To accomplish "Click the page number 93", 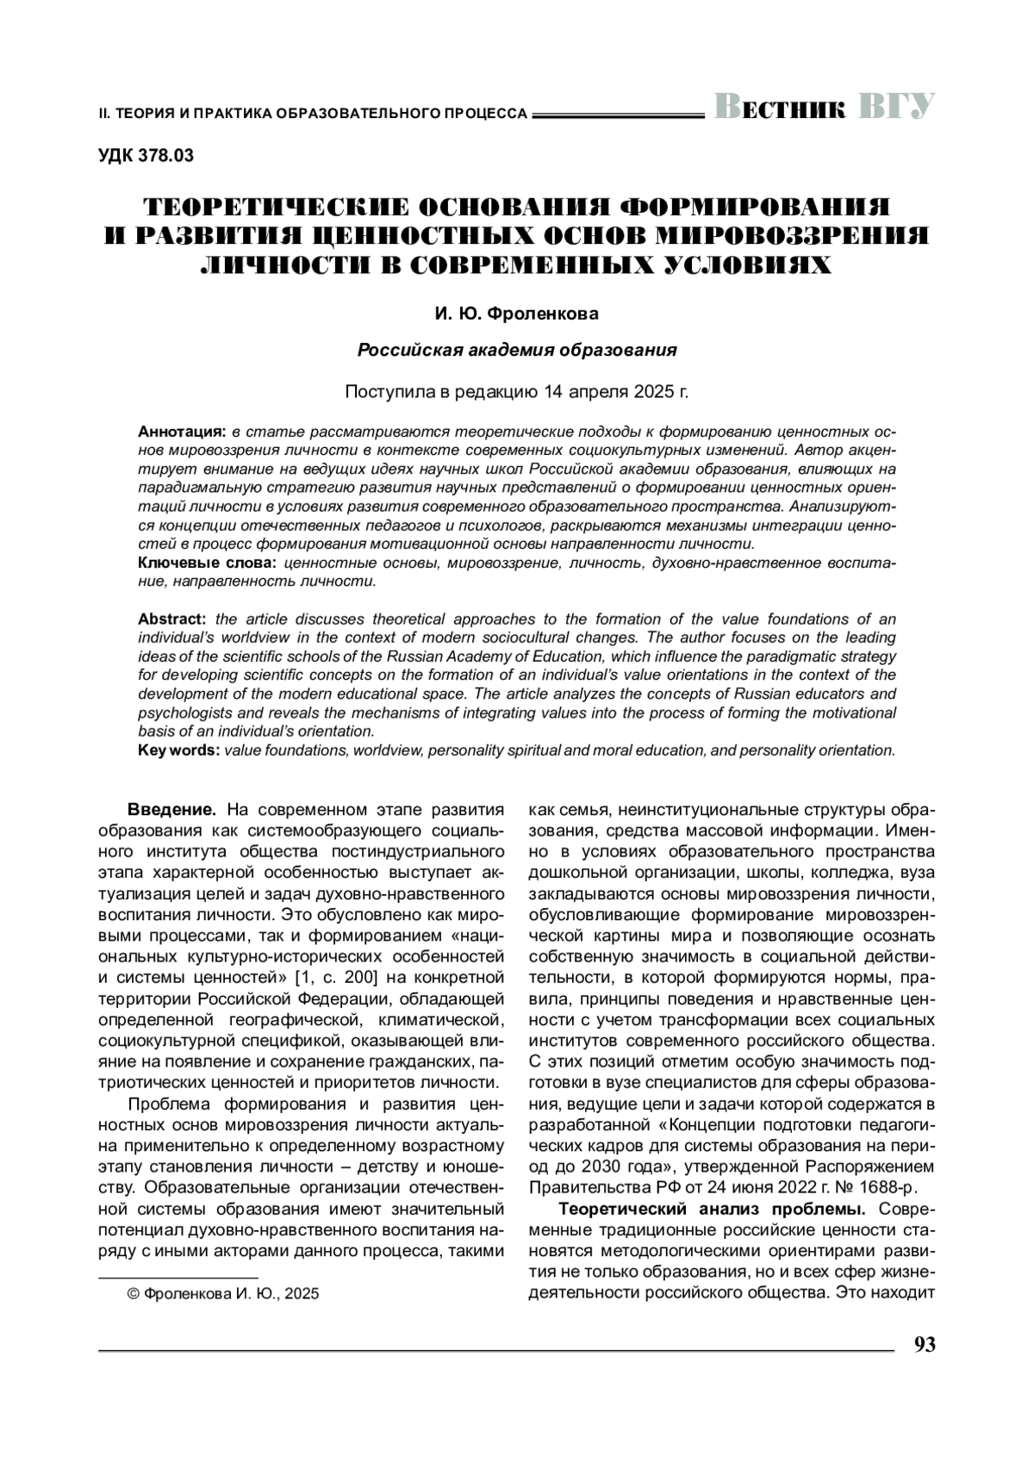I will [924, 1345].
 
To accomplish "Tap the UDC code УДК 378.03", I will [146, 156].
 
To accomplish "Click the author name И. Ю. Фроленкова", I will [516, 314].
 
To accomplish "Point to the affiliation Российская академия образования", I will [516, 351].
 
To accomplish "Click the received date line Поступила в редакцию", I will [516, 392].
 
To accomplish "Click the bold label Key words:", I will [179, 750].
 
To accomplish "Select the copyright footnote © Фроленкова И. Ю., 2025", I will [222, 1294].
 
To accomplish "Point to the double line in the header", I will [619, 114].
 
